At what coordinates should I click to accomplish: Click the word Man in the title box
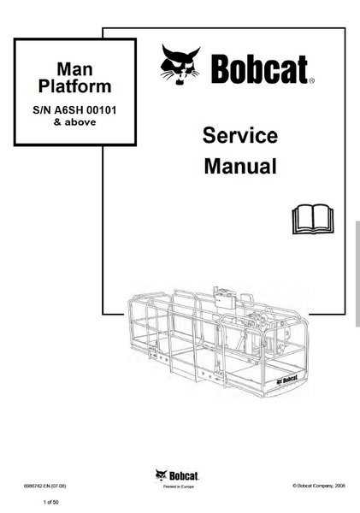tap(74, 69)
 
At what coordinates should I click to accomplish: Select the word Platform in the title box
tap(75, 86)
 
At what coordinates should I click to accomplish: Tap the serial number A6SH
tap(68, 110)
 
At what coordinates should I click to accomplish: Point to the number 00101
tap(101, 110)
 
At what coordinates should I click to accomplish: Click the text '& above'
tap(75, 122)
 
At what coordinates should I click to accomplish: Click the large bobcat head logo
tap(180, 64)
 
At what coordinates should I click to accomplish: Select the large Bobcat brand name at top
tap(260, 69)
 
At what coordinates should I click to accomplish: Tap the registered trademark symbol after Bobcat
tap(311, 80)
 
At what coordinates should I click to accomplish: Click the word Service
tap(240, 135)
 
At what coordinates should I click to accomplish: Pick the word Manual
tap(240, 166)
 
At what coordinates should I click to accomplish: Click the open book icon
tap(313, 219)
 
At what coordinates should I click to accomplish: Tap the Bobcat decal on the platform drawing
tap(287, 380)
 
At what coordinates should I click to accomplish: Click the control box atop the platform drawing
tap(224, 298)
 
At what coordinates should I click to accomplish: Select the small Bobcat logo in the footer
tap(177, 475)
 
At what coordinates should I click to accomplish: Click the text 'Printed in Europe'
tap(179, 486)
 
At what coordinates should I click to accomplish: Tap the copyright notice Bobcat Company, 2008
tap(319, 486)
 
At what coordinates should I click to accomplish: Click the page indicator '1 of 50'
tap(51, 502)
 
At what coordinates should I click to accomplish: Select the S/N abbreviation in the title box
tap(42, 110)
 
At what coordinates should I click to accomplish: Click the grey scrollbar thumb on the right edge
tap(357, 274)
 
